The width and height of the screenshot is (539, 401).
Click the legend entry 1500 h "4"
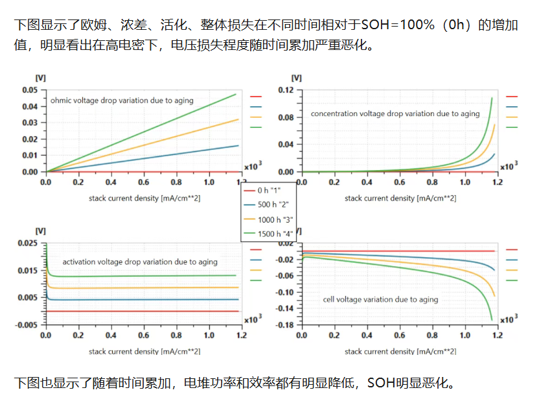pyautogui.click(x=268, y=234)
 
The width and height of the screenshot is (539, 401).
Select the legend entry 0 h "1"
pyautogui.click(x=262, y=190)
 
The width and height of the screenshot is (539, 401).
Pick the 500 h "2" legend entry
pyautogui.click(x=266, y=204)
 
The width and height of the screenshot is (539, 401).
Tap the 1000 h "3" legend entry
pyautogui.click(x=268, y=219)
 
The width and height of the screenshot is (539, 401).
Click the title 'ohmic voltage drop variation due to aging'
pyautogui.click(x=122, y=101)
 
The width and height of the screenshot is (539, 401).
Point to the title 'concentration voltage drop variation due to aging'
pyautogui.click(x=395, y=114)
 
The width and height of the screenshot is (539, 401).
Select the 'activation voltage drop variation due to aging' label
pyautogui.click(x=140, y=262)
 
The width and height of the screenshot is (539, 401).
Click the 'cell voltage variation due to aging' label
pyautogui.click(x=380, y=300)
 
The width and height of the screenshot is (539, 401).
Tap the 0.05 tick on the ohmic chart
pyautogui.click(x=30, y=90)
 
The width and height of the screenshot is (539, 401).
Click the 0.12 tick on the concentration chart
pyautogui.click(x=286, y=90)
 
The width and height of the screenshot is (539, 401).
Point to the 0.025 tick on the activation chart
pyautogui.click(x=27, y=243)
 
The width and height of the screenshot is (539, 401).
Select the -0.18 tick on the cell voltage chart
pyautogui.click(x=284, y=325)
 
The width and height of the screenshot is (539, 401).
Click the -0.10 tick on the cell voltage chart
pyautogui.click(x=284, y=293)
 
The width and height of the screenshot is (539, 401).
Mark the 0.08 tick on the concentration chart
pyautogui.click(x=286, y=117)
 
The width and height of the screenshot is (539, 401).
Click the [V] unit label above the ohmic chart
pyautogui.click(x=41, y=78)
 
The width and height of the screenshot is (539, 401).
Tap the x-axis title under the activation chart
pyautogui.click(x=144, y=352)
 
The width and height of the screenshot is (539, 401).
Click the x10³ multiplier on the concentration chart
pyautogui.click(x=509, y=166)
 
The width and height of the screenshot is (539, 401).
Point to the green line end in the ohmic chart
pyautogui.click(x=236, y=94)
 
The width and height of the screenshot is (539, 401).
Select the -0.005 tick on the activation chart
pyautogui.click(x=27, y=325)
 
